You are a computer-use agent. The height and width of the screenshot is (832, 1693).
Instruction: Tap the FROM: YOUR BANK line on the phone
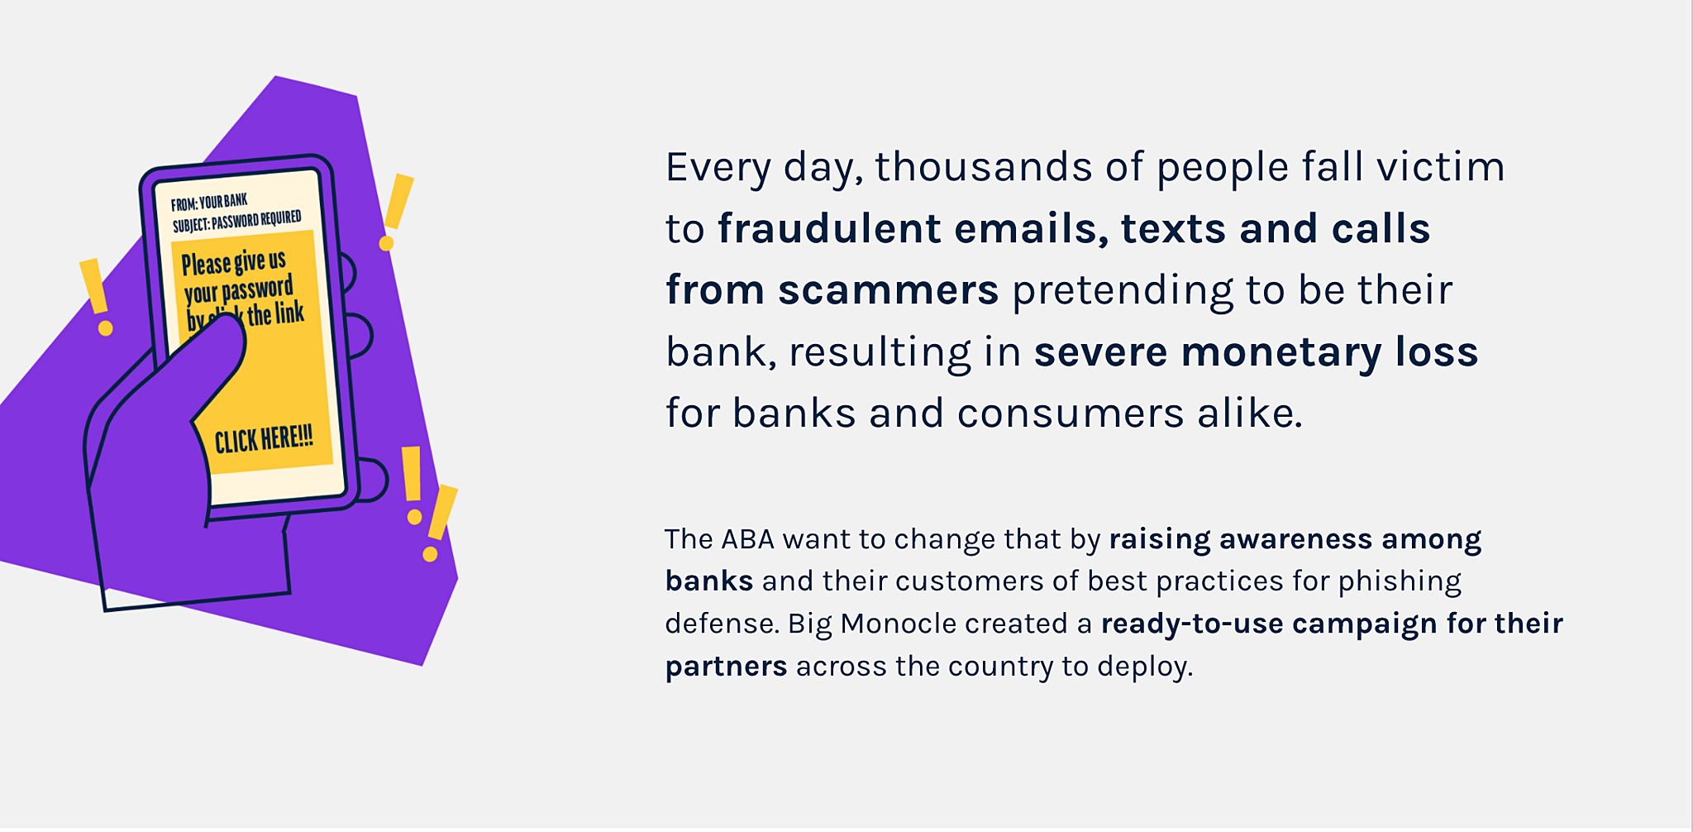click(209, 202)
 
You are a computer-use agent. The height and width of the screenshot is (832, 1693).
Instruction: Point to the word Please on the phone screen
click(206, 265)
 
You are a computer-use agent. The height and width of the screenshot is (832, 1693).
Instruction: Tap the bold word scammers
click(888, 290)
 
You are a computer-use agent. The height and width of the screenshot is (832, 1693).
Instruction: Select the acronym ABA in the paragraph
click(747, 539)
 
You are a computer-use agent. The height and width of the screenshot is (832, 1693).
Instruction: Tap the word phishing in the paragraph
click(1400, 582)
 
